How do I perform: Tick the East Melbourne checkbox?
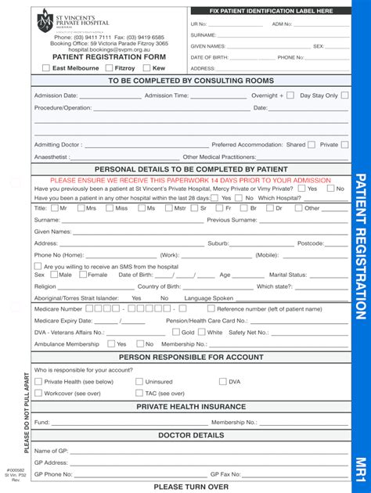pyautogui.click(x=45, y=69)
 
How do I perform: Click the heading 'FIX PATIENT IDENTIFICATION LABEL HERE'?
pyautogui.click(x=271, y=12)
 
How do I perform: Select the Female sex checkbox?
pyautogui.click(x=84, y=275)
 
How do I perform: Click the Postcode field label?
pyautogui.click(x=311, y=243)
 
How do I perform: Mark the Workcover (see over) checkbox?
pyautogui.click(x=38, y=394)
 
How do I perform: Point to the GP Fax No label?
pyautogui.click(x=225, y=474)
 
